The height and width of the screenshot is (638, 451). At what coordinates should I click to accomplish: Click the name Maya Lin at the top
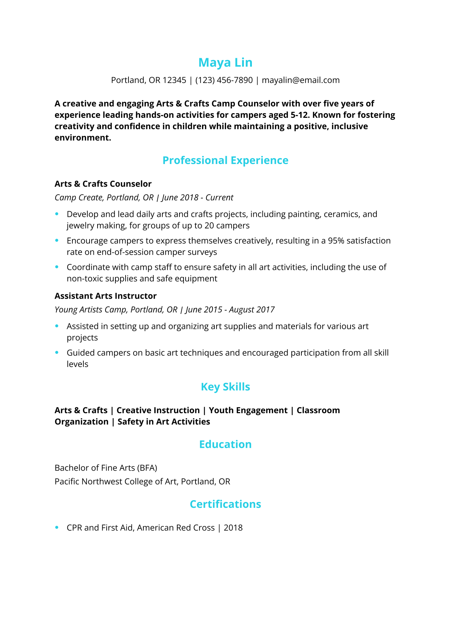click(225, 63)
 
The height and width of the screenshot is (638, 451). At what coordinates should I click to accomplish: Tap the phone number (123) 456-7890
click(224, 80)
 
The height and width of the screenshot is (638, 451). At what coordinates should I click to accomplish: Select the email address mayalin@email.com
click(301, 80)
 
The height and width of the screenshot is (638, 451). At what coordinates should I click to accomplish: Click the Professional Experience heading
click(225, 160)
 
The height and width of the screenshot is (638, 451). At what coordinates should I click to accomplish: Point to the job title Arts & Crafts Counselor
click(103, 184)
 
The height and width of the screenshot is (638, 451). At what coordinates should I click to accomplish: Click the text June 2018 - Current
click(198, 198)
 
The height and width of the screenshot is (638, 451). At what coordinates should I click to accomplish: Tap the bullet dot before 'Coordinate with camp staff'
click(57, 267)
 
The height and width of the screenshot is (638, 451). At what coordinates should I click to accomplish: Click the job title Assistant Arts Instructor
click(106, 296)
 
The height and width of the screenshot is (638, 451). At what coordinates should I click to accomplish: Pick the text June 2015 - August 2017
click(230, 310)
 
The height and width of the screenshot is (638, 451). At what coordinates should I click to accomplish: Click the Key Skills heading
click(225, 387)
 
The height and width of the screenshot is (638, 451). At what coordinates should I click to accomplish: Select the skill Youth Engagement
click(248, 410)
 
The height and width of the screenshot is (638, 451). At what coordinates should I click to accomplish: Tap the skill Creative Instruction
click(158, 410)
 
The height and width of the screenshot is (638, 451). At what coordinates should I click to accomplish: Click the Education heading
click(225, 444)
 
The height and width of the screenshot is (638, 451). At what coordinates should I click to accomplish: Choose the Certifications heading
click(225, 504)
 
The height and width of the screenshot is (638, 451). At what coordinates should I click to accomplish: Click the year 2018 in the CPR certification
click(233, 528)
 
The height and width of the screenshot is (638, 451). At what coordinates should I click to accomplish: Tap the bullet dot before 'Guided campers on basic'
click(57, 352)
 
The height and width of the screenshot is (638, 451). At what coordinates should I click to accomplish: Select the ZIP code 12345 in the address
click(174, 80)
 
